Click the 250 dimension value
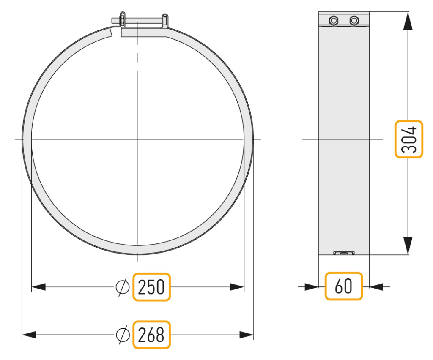[x=151, y=287]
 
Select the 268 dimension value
[x=151, y=335]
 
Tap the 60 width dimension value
[x=343, y=286]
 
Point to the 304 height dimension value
[x=409, y=139]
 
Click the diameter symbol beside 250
[x=122, y=287]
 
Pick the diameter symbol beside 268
[x=123, y=335]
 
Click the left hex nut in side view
[x=334, y=20]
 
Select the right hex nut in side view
[x=354, y=20]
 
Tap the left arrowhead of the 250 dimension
[x=38, y=287]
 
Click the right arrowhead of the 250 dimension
[x=237, y=287]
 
